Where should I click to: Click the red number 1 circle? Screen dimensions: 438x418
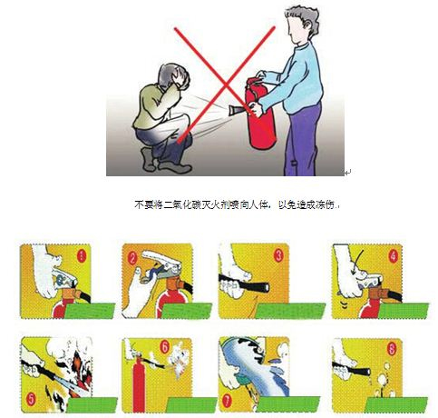tap(82, 256)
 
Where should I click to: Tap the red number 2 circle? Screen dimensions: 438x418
tap(132, 259)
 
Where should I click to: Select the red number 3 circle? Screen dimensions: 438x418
tap(278, 255)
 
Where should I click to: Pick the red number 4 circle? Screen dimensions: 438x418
tap(393, 256)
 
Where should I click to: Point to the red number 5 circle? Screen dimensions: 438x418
tap(31, 400)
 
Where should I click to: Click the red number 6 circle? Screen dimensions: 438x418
tap(164, 347)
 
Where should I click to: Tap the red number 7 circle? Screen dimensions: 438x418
tap(227, 401)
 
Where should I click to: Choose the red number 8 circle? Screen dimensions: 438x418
tap(392, 350)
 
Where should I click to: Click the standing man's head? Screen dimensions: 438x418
tap(302, 25)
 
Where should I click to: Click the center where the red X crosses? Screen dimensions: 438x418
tap(225, 85)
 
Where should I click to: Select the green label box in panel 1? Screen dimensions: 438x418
tap(90, 311)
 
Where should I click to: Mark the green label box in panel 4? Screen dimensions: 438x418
tap(404, 311)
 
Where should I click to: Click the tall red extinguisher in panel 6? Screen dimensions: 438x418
tap(139, 383)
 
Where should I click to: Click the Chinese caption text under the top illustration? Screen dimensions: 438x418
tap(238, 205)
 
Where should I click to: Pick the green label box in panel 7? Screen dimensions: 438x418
tap(287, 404)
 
